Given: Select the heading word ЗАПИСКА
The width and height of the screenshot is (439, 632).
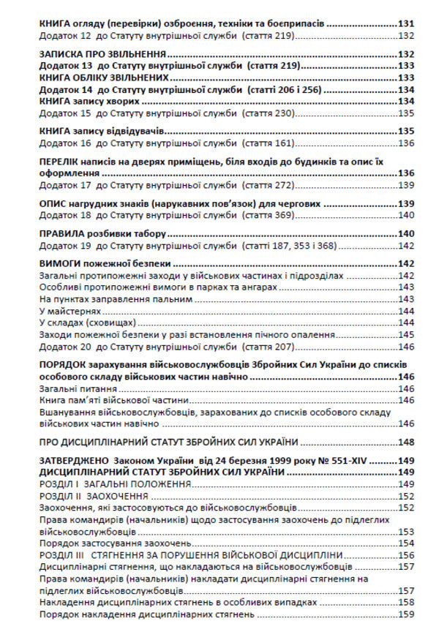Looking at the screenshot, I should [64, 54].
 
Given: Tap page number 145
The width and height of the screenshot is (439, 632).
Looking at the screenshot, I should [407, 334].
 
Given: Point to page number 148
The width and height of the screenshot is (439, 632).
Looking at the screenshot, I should [407, 442].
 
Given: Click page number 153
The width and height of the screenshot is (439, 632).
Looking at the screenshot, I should [407, 531].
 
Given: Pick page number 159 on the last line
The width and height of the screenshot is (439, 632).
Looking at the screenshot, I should [407, 614].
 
